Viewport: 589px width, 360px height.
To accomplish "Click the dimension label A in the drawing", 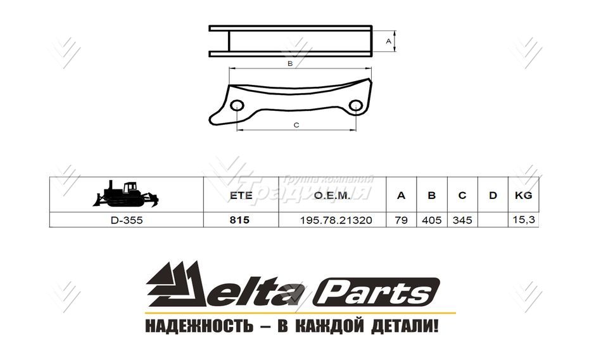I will tap(388, 41).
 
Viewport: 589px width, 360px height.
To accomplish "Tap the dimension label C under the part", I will tap(296, 125).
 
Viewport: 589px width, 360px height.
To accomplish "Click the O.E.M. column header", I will tap(332, 195).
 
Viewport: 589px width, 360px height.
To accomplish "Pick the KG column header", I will tap(523, 195).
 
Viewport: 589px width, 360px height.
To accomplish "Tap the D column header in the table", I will tap(493, 195).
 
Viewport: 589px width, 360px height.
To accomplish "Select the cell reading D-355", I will tap(127, 221).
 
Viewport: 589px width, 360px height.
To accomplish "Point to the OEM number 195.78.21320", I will tap(336, 221).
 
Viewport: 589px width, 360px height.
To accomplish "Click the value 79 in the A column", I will tap(401, 221).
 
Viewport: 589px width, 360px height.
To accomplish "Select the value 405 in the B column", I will tap(431, 221).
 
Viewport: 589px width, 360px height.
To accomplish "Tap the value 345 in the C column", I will tap(462, 221).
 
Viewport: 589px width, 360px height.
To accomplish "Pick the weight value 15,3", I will tap(522, 221).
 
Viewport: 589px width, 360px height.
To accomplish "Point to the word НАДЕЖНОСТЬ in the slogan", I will tap(195, 327).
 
